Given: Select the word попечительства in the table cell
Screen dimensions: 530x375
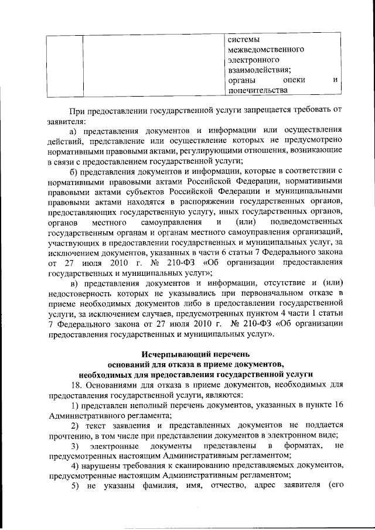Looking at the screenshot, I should pos(258,91).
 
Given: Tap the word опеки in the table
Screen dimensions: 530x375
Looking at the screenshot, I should pos(292,80).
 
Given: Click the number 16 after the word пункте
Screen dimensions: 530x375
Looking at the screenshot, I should pos(336,406).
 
